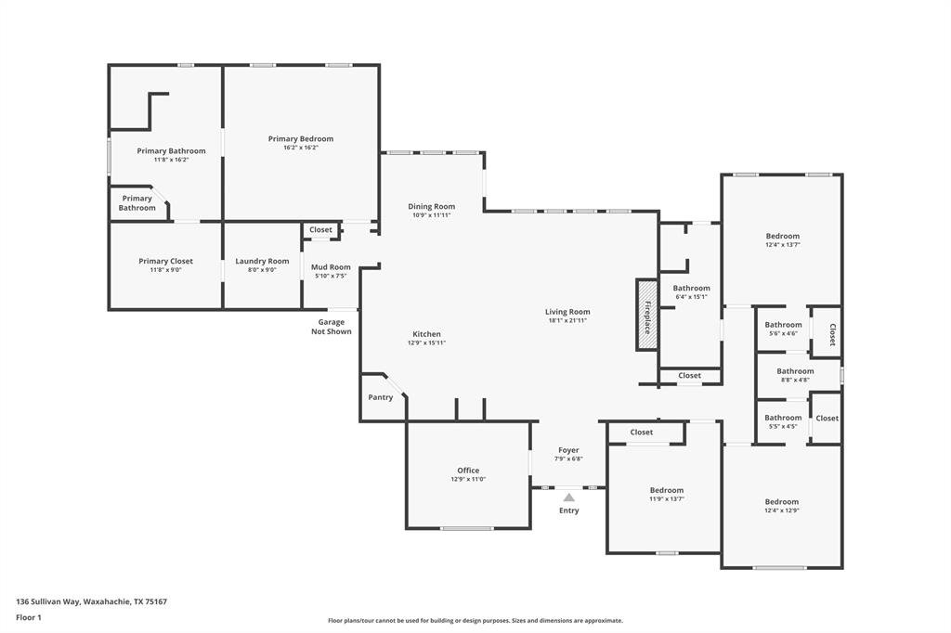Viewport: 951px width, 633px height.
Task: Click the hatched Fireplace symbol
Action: coord(646,315)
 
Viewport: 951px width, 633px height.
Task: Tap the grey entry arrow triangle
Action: coord(568,497)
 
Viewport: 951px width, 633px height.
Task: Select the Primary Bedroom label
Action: coord(301,139)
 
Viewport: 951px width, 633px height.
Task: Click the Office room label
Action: coord(468,471)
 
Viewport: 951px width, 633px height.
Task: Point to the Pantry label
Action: coord(381,397)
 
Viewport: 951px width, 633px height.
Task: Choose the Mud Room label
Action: coord(331,267)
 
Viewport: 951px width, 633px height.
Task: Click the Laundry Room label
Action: coord(262,262)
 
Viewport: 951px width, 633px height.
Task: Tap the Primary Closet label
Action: coord(166,262)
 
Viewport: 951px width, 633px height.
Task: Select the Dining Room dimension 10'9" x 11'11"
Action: coord(432,215)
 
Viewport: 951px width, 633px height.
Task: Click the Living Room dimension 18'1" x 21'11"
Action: coord(567,320)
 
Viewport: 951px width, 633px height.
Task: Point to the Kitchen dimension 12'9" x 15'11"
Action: coord(426,342)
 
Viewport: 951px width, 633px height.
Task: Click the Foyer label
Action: coord(568,450)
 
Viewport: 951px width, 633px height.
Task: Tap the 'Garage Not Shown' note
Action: coord(332,327)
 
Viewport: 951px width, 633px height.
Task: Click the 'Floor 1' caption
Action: coord(31,617)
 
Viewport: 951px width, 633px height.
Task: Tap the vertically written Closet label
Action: coord(832,334)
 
